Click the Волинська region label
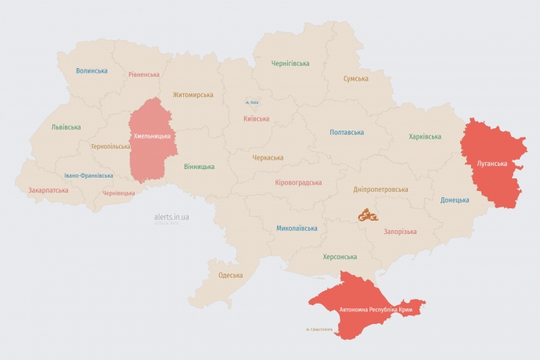tap(92, 70)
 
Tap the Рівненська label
tap(144, 75)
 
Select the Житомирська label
tap(193, 95)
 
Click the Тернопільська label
tap(110, 146)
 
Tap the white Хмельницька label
tap(152, 137)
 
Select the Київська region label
tap(257, 119)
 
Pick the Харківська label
tap(424, 137)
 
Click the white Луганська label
tap(491, 164)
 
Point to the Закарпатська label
tap(48, 190)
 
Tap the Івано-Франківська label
tap(88, 176)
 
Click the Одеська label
tap(230, 275)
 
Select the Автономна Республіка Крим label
tap(376, 311)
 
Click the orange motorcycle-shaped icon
tap(368, 214)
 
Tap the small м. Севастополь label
tap(319, 329)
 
